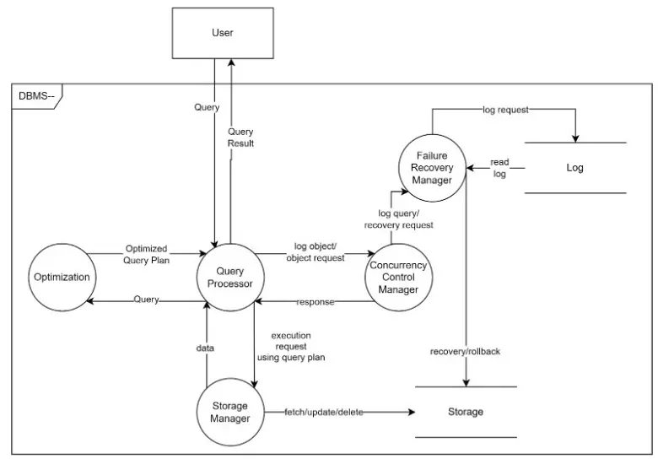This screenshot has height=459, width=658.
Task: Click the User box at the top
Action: coord(222,33)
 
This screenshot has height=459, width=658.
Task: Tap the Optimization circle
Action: coord(61,278)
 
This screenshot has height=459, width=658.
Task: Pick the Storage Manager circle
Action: coord(230,412)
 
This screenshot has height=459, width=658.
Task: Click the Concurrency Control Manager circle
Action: coord(398,278)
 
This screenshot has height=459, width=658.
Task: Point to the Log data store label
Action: coord(574,168)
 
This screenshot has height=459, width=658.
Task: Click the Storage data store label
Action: coord(466,412)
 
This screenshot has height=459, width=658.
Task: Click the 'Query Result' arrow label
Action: coord(240,138)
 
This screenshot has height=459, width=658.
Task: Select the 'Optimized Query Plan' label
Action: coord(146,255)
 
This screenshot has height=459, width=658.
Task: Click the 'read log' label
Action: coord(500,168)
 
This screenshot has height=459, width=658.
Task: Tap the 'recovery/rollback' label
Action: coord(465,351)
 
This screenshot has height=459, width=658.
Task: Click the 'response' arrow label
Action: coord(315,301)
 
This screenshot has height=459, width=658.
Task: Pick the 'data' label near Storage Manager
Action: coord(206,347)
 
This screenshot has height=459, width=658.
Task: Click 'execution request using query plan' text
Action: coord(291,346)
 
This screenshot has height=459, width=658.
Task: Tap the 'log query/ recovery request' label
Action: coord(399,219)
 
